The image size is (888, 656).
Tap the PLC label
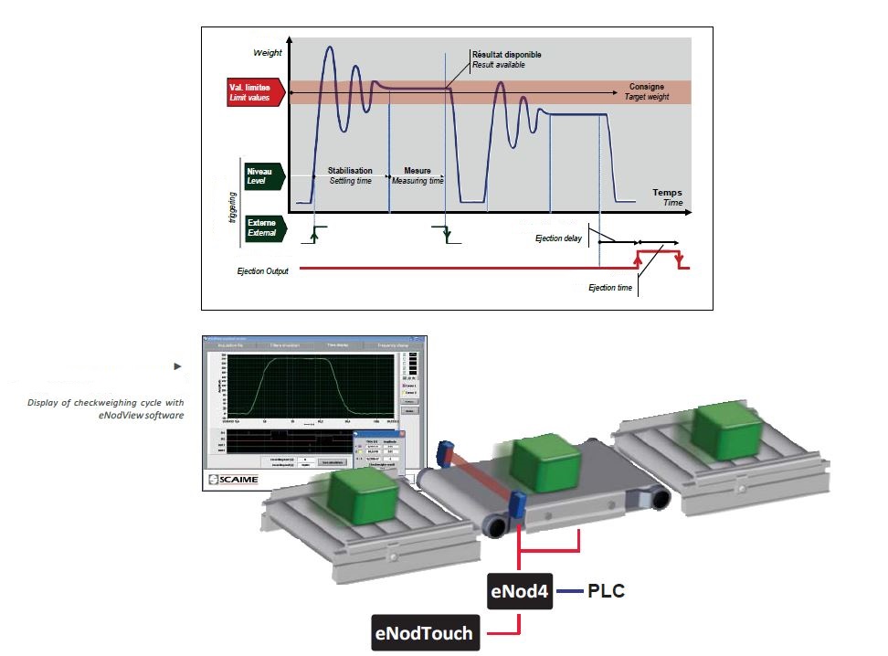tap(606, 591)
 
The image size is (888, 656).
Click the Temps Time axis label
tap(667, 197)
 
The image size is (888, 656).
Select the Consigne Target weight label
tap(646, 90)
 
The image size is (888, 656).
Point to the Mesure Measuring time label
tap(418, 175)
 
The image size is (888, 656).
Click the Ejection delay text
tap(558, 238)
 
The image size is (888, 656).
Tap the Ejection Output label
tap(262, 271)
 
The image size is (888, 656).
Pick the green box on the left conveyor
tap(365, 492)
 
